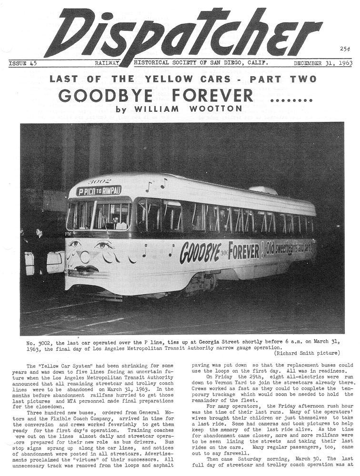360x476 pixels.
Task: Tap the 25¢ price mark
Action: pyautogui.click(x=345, y=49)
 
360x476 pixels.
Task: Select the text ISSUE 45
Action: pyautogui.click(x=23, y=63)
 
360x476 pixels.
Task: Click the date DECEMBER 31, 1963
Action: pyautogui.click(x=322, y=63)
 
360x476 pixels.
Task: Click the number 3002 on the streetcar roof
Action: pyautogui.click(x=100, y=181)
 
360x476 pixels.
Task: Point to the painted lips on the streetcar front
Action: pyautogui.click(x=86, y=269)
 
